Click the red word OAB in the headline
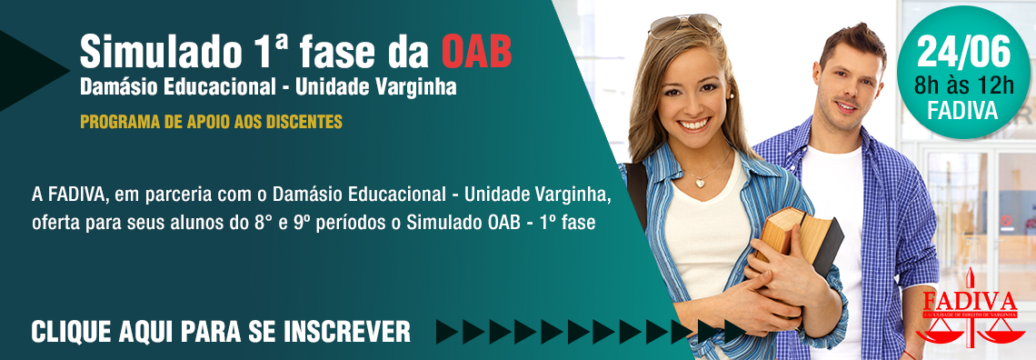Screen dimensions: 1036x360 [476, 52]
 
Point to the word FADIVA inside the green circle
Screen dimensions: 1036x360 [962, 110]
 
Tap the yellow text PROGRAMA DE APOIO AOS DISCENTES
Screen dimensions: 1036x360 [212, 122]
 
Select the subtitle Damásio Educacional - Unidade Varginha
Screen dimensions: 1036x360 [268, 88]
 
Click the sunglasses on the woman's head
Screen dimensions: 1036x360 [684, 25]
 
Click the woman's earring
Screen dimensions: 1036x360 [732, 95]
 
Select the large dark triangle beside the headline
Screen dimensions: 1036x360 [33, 71]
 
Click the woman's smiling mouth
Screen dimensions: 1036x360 [694, 124]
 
